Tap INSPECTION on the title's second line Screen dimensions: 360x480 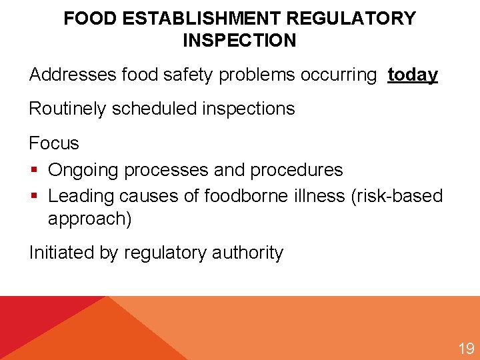[239, 40]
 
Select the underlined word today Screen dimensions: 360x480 [413, 75]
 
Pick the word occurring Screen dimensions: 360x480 [339, 75]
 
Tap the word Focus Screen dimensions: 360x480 [54, 143]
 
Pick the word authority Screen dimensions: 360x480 [247, 253]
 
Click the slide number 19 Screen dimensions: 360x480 [465, 348]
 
